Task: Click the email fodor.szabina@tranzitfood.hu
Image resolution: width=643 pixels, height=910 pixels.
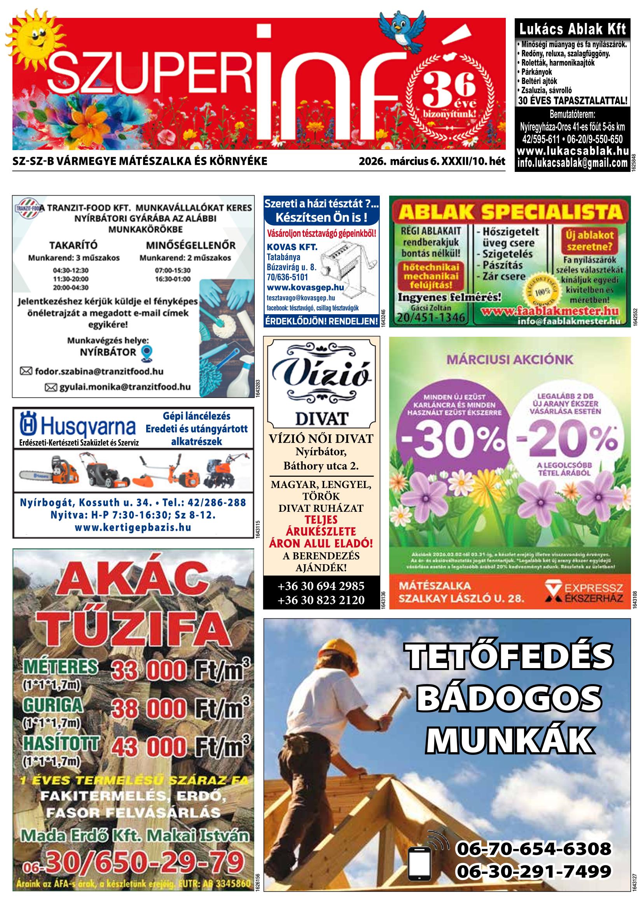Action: point(99,372)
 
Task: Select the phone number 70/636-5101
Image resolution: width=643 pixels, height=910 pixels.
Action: point(287,277)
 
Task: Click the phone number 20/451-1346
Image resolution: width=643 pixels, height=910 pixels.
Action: point(431,318)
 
